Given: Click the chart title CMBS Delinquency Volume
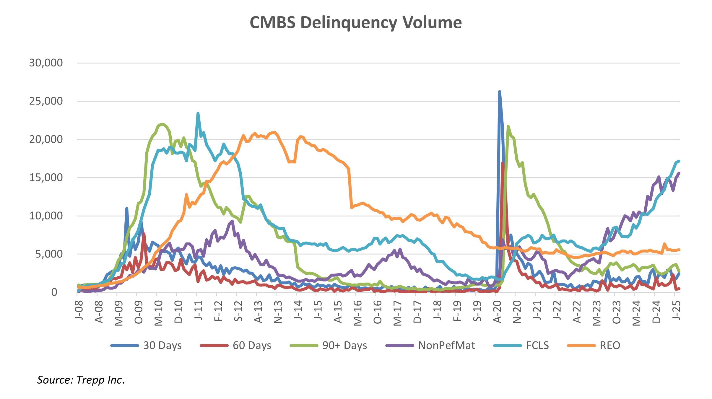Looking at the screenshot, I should click(x=356, y=22).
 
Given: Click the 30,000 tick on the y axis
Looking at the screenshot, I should click(x=46, y=63).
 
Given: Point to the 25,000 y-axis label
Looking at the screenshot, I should click(x=46, y=101).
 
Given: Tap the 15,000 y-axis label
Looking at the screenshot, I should click(x=46, y=177).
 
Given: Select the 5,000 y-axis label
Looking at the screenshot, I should click(x=49, y=254).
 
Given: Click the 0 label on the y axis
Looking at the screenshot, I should click(x=54, y=292).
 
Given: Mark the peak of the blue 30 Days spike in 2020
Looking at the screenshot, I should click(x=499, y=92).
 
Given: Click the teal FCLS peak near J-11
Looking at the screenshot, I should click(x=198, y=113).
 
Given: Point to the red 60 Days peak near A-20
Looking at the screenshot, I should click(x=503, y=163).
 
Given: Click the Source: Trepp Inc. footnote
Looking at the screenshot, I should click(x=81, y=380).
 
